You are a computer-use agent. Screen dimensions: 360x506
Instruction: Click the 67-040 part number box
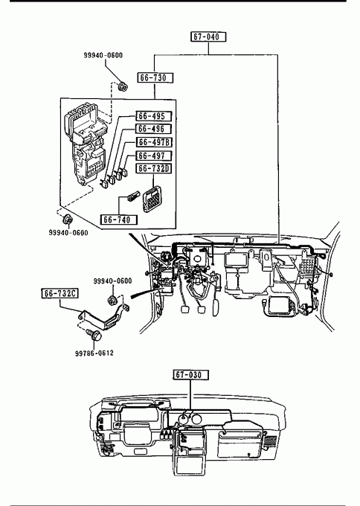click(208, 36)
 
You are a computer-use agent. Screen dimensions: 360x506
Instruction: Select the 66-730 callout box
click(155, 78)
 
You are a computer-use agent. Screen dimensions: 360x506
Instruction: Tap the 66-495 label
click(153, 116)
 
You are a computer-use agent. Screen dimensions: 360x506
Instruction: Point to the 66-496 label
click(153, 129)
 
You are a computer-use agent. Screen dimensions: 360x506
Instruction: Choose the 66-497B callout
click(155, 142)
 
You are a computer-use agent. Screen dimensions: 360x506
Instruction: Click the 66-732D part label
click(153, 168)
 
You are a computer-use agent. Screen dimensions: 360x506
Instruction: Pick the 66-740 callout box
click(119, 220)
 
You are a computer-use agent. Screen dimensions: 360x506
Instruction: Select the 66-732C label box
click(60, 294)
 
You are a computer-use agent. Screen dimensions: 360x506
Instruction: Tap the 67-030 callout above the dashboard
click(191, 375)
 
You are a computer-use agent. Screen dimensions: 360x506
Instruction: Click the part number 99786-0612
click(94, 353)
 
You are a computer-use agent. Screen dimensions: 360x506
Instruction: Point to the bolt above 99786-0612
click(94, 335)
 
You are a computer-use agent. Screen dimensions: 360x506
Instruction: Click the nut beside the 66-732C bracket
click(112, 300)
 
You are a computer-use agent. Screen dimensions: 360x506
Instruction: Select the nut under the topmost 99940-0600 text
click(123, 86)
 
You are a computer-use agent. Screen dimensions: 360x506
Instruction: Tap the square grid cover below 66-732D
click(152, 199)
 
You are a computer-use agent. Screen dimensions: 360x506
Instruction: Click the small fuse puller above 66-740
click(133, 196)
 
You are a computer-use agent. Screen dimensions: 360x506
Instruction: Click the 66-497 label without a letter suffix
click(153, 156)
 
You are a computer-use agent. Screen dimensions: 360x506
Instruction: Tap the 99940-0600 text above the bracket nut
click(112, 281)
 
